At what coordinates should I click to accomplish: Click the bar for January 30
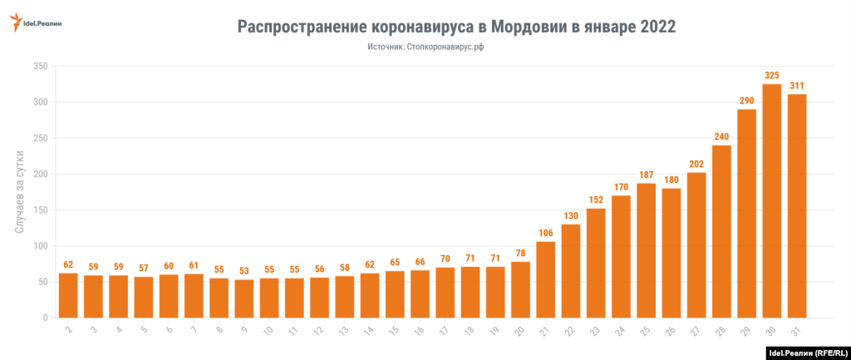772,201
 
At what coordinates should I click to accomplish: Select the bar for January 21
546,279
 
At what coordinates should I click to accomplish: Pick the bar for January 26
671,253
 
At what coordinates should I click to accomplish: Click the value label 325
772,76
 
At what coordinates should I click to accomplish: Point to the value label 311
797,86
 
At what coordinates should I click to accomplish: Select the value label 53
243,271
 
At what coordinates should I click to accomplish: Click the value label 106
546,233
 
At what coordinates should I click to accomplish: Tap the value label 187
647,175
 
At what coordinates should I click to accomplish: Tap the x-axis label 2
67,331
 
